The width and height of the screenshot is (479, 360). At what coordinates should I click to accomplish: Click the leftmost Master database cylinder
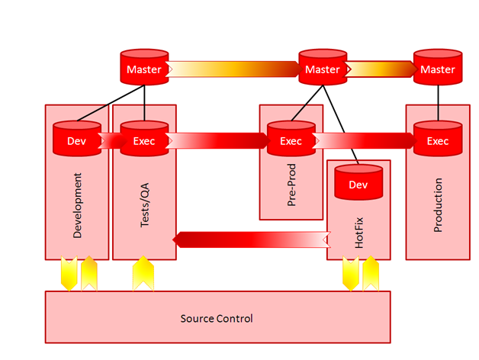click(143, 68)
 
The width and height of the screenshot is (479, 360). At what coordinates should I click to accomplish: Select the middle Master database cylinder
click(322, 68)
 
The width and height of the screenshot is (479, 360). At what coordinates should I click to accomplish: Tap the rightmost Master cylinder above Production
click(437, 68)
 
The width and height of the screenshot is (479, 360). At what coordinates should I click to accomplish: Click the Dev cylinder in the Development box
click(76, 140)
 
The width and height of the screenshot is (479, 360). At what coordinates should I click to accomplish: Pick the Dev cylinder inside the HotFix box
click(358, 184)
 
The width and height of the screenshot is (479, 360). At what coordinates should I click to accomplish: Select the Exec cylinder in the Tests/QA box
click(143, 140)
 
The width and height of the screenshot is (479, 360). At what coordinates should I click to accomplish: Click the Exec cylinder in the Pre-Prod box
click(291, 140)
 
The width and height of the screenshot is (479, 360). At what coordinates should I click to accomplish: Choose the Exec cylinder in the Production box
click(437, 140)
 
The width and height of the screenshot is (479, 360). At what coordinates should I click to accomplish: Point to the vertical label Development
click(77, 205)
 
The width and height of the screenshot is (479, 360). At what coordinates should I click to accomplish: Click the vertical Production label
click(438, 205)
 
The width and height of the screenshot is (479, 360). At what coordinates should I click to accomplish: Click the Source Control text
click(217, 318)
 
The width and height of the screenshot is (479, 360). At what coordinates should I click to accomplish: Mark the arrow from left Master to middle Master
click(233, 69)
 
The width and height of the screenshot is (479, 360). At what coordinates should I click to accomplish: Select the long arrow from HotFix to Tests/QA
click(252, 240)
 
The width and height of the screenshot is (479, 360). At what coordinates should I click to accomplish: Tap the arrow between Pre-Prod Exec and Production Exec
click(364, 141)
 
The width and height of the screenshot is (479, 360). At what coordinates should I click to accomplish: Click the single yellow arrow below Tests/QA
click(144, 274)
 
